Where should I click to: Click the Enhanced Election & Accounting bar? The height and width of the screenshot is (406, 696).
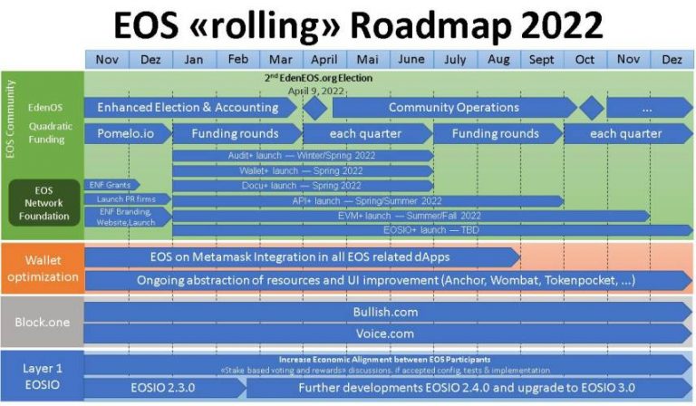click(188, 108)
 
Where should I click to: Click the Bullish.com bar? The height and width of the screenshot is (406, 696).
click(385, 312)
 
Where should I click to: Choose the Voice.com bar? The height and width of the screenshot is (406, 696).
click(385, 333)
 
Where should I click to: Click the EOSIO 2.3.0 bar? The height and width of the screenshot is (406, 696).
click(162, 389)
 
